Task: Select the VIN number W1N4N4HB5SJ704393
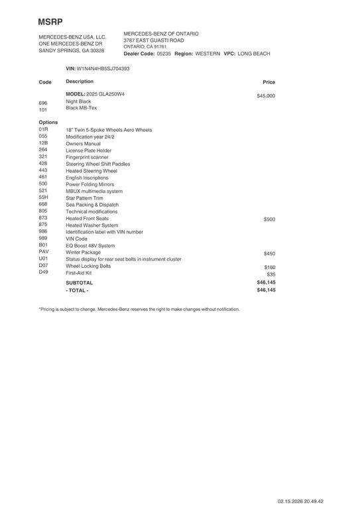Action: point(103,68)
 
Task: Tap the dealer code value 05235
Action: point(164,54)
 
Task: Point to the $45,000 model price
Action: point(265,96)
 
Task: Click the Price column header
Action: point(269,82)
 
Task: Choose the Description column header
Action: point(80,82)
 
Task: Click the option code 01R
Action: point(43,130)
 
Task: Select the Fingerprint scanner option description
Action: point(86,157)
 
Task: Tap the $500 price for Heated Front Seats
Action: point(269,219)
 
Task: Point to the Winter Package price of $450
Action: point(269,254)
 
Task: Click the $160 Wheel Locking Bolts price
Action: point(269,268)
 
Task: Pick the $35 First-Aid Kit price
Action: point(270,274)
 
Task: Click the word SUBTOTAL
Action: point(80,282)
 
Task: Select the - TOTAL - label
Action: point(77,290)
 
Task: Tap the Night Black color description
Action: point(78,101)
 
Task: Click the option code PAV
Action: point(44,252)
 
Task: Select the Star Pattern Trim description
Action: point(84,198)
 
